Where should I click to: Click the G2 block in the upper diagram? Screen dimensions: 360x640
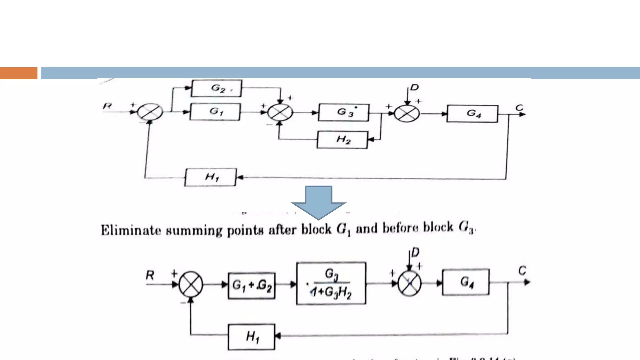point(216,88)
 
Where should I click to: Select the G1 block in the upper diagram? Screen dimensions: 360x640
point(215,112)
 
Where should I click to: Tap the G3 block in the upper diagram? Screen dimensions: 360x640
point(344,112)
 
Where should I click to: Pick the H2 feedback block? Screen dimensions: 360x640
point(342,139)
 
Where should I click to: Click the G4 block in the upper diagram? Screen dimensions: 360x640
point(472,113)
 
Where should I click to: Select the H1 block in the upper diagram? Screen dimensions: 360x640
point(211,177)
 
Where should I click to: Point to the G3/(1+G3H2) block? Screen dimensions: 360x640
point(331,283)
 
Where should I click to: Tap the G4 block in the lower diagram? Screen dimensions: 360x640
point(466,282)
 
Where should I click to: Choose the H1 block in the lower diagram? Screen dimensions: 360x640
point(252,337)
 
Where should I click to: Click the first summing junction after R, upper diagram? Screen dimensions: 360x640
point(150,112)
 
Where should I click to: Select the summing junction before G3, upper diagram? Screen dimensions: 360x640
point(280,112)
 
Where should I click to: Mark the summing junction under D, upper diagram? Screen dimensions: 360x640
point(407,113)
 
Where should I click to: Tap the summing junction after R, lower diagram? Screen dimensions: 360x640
point(191,284)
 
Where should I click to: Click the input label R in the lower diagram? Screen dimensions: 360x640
point(150,275)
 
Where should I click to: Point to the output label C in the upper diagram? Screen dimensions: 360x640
point(519,108)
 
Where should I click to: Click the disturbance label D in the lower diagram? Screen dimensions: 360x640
point(415,252)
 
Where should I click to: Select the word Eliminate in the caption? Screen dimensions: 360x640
point(131,230)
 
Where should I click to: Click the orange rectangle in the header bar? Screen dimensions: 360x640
point(18,73)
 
